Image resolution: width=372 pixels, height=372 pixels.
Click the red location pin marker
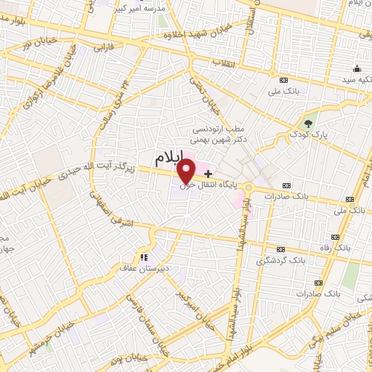[x=187, y=170]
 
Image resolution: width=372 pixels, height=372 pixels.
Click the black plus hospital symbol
[x=209, y=174]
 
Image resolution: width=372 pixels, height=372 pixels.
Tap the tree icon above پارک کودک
[x=308, y=123]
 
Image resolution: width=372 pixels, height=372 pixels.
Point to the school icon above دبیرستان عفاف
[x=143, y=256]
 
